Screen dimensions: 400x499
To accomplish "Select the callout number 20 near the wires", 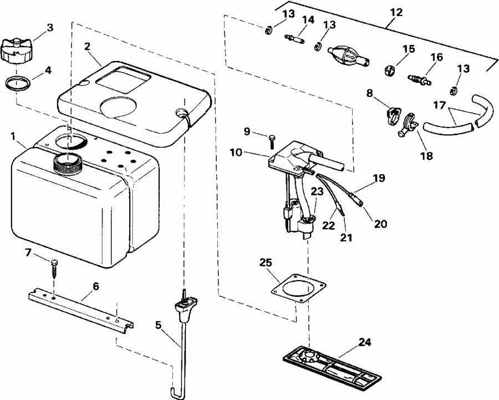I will pos(380,224).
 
